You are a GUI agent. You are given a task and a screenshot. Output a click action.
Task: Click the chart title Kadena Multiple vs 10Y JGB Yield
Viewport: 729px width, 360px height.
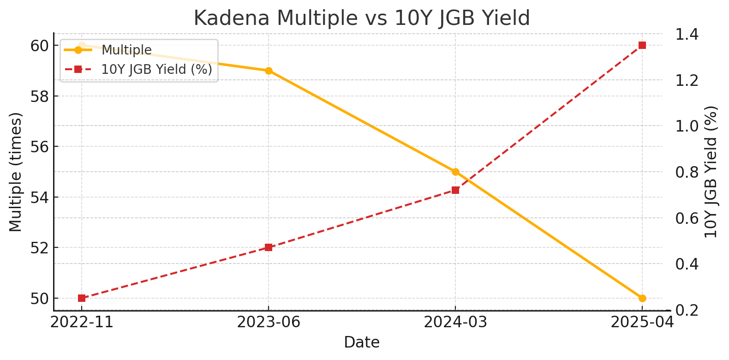362,18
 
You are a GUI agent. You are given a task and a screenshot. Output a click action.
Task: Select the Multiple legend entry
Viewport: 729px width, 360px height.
126,50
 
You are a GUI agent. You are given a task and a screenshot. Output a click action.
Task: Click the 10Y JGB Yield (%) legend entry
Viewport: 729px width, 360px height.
156,69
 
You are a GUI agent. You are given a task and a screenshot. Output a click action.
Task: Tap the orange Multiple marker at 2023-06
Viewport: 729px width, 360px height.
269,71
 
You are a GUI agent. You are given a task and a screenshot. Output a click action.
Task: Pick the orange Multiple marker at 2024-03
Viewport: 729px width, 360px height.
455,172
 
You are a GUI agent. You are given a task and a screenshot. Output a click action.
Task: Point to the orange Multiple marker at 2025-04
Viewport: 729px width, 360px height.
642,298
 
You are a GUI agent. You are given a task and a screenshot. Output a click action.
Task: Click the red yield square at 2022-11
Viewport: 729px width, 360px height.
82,298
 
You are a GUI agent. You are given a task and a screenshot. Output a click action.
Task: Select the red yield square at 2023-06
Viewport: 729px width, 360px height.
269,247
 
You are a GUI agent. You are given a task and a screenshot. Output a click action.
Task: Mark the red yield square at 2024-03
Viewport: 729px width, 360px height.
455,190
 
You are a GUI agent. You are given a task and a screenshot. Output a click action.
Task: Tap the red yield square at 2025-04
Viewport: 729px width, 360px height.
642,45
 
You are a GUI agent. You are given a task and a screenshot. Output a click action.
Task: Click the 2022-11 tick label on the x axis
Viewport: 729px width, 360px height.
82,322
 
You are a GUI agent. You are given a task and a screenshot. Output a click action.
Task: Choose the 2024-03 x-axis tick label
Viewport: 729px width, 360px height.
455,322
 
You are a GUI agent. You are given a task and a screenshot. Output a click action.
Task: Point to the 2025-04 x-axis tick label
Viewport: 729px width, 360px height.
642,322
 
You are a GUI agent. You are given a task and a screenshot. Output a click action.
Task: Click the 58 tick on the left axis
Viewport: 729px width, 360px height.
40,96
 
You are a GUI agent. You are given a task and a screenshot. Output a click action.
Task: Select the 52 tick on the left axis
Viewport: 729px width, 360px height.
40,248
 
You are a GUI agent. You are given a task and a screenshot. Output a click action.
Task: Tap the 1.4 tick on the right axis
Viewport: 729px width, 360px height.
687,35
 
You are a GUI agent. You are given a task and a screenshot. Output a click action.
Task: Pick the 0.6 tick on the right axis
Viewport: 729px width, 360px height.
687,218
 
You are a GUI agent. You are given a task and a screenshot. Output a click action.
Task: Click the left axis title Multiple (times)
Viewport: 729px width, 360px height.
16,172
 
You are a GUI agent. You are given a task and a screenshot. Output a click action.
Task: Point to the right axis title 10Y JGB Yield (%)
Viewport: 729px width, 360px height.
711,172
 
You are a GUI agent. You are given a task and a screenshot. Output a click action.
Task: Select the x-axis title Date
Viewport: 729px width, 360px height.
362,342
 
